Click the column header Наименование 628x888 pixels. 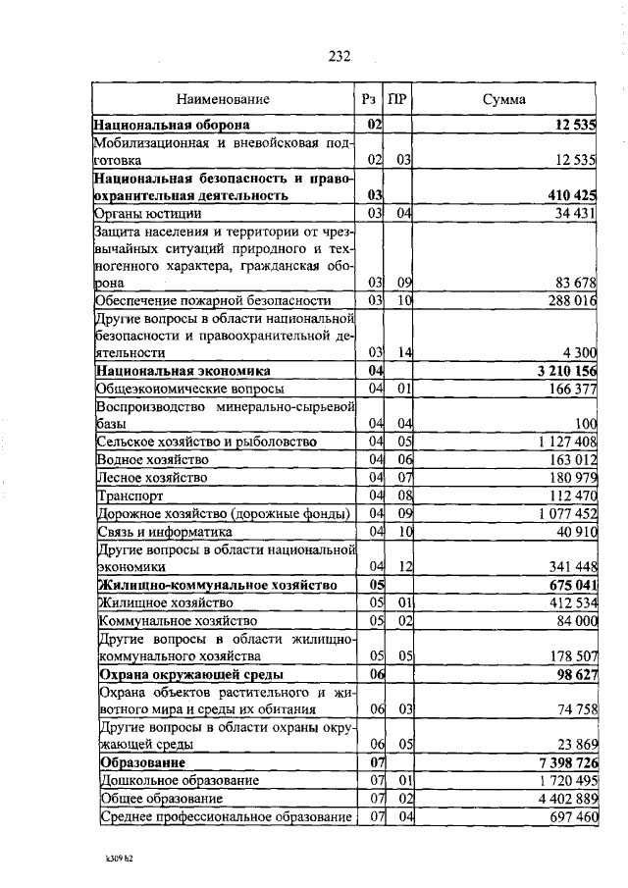223,99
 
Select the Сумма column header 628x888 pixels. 503,99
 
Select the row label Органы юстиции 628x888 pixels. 148,213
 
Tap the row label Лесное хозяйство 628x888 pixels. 151,478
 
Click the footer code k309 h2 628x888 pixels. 119,857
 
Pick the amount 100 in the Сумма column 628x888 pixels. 587,424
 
